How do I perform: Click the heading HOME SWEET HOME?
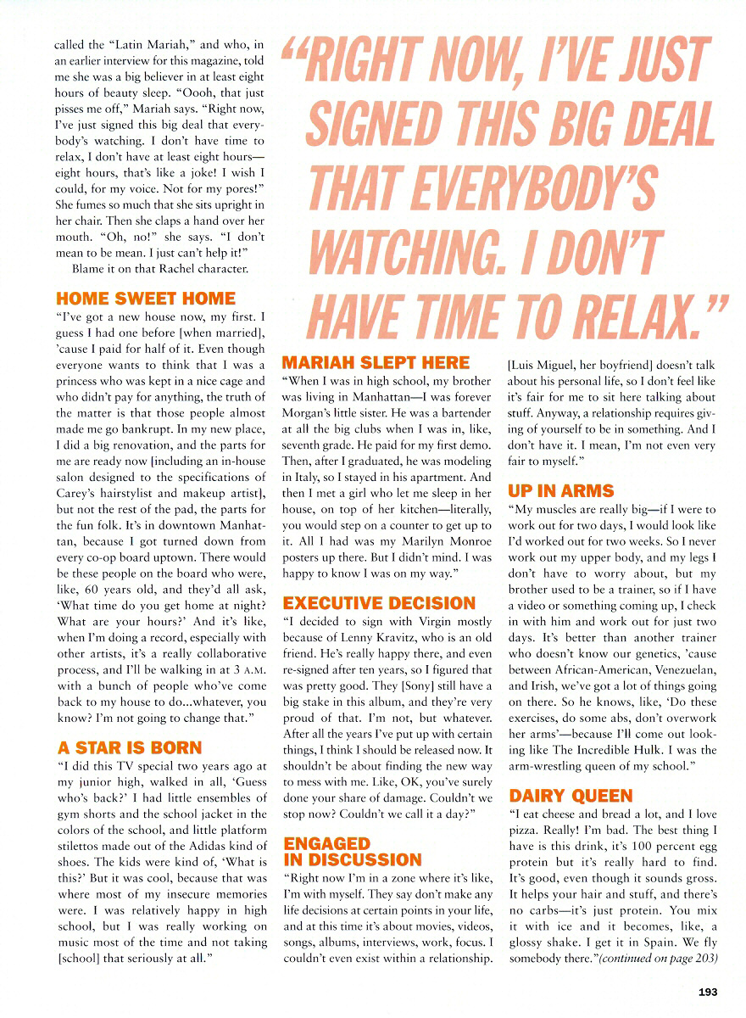pos(146,299)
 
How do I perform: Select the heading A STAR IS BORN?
pos(129,748)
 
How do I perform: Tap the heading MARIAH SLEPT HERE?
pos(376,362)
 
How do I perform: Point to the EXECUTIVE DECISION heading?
pos(379,603)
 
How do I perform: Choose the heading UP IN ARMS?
pos(560,490)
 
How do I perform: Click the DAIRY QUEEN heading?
pos(571,796)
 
